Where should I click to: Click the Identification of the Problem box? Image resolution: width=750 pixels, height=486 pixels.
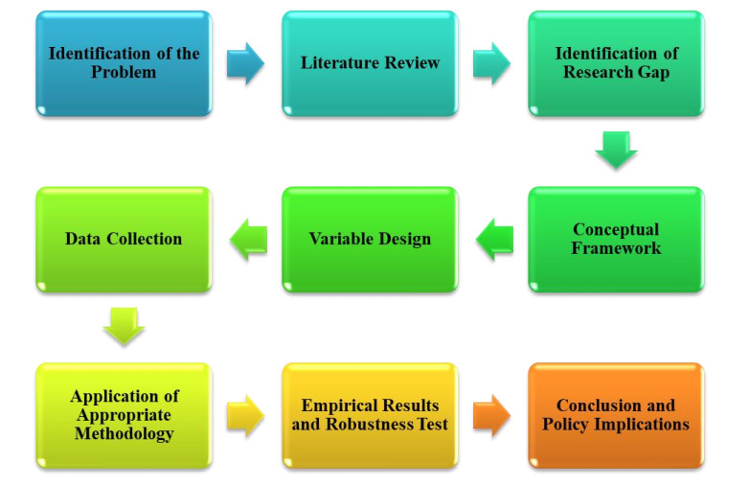point(124,63)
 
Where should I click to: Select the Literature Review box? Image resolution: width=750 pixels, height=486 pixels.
point(370,63)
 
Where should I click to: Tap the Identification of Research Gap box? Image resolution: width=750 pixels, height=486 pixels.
point(616,63)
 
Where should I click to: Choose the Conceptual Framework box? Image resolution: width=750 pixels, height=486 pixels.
point(616,239)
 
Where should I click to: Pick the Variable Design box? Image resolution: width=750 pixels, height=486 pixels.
point(370,239)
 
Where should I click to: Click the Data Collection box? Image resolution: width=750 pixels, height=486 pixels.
point(124,239)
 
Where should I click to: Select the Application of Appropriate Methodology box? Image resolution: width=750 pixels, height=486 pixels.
point(124,415)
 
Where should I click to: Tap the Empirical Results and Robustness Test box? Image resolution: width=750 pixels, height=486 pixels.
point(370,415)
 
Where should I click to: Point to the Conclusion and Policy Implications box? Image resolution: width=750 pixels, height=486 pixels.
point(616,415)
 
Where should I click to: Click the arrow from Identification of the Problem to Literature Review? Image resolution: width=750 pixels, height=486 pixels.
point(246,63)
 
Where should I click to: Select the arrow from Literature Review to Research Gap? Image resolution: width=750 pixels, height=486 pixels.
point(492,63)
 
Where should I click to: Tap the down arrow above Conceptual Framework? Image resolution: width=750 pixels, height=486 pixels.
point(616,150)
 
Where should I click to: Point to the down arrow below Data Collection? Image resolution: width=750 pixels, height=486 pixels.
point(124,326)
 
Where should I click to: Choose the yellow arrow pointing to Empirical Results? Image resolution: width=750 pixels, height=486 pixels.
point(246,415)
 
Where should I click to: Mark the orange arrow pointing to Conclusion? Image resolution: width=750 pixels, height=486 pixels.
point(492,415)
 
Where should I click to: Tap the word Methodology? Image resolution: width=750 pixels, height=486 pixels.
point(124,434)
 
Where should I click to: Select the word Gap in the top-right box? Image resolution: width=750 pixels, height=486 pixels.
point(654,72)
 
